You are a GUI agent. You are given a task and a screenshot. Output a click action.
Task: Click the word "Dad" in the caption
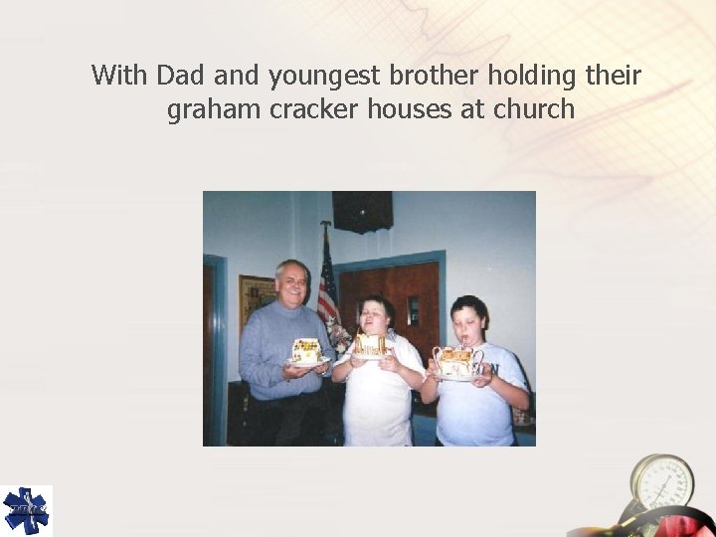[x=180, y=76]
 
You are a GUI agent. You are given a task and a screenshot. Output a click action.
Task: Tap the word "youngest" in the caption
[x=323, y=76]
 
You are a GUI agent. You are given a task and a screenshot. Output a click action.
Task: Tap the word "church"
[x=533, y=109]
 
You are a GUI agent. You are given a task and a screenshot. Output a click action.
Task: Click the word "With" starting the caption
[x=120, y=76]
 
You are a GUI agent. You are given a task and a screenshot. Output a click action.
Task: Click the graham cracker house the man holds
[x=306, y=350]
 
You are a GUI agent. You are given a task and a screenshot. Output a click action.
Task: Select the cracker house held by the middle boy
[x=371, y=344]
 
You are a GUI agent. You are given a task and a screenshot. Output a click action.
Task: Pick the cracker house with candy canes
[x=456, y=360]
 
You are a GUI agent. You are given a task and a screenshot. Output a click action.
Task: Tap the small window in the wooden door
[x=412, y=310]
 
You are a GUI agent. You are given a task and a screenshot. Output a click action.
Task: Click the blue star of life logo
[x=26, y=510]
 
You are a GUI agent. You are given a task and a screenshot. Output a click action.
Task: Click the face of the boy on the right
[x=468, y=320]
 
